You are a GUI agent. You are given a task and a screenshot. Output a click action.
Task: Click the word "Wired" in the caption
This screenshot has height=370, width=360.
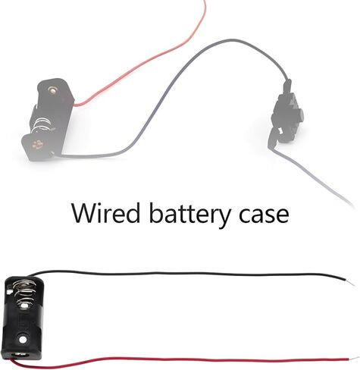[105, 213]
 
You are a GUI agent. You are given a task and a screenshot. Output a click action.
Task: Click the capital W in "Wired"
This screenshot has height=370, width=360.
[84, 214]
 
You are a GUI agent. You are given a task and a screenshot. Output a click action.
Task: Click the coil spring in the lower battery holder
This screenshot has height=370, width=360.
[23, 293]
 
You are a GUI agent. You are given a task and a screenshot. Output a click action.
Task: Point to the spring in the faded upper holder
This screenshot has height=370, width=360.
[42, 125]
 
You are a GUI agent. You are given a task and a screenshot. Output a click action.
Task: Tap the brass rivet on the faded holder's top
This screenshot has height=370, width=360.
[52, 89]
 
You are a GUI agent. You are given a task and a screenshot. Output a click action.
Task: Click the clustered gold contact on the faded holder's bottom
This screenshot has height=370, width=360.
[37, 145]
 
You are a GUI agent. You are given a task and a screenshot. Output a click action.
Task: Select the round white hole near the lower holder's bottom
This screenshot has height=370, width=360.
[23, 340]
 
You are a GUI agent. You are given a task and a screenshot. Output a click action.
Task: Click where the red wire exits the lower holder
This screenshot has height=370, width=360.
[11, 359]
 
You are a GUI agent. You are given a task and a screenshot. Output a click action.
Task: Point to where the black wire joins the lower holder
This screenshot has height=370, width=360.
[29, 275]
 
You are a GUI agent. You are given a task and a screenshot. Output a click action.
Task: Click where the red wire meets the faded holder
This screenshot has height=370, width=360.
[75, 104]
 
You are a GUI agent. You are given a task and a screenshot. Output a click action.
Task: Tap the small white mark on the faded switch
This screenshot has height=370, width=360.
[280, 131]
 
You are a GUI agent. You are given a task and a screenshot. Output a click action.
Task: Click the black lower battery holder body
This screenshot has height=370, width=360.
[22, 318]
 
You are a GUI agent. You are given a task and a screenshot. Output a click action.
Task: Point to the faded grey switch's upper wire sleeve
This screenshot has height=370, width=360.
[287, 86]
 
